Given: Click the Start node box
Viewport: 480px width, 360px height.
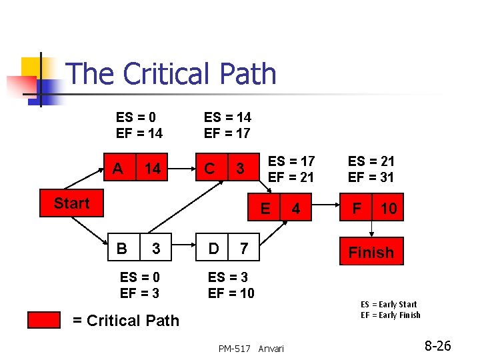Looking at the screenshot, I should [71, 204].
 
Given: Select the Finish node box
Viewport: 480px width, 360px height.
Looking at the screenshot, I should [371, 253].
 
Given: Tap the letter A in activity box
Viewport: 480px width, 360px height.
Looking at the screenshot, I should [118, 169].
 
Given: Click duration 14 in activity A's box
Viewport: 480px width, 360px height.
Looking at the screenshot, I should [153, 169].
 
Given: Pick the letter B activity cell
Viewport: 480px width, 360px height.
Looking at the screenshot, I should [122, 249].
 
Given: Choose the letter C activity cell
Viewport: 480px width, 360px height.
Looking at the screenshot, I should [209, 169].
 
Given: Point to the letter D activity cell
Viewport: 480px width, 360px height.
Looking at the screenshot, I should [213, 249].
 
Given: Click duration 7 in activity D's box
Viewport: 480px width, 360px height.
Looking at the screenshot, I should [244, 249].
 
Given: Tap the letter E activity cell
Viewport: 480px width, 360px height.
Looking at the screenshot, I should [265, 209].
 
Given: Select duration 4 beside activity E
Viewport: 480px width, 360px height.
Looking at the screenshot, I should [296, 209].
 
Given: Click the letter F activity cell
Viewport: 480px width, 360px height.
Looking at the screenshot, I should [357, 209].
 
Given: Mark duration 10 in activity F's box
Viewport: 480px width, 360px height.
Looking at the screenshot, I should [388, 209].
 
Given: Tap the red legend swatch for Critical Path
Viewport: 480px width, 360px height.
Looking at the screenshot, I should [44, 320].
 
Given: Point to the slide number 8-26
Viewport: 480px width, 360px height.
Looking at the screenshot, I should [437, 346].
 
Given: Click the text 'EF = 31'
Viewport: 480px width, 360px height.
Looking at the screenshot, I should [371, 177].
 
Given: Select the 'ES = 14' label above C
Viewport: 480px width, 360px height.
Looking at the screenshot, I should [227, 118].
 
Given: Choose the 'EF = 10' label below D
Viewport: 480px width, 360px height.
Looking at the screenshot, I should [231, 293].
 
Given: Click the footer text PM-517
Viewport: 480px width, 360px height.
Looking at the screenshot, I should [234, 349].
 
